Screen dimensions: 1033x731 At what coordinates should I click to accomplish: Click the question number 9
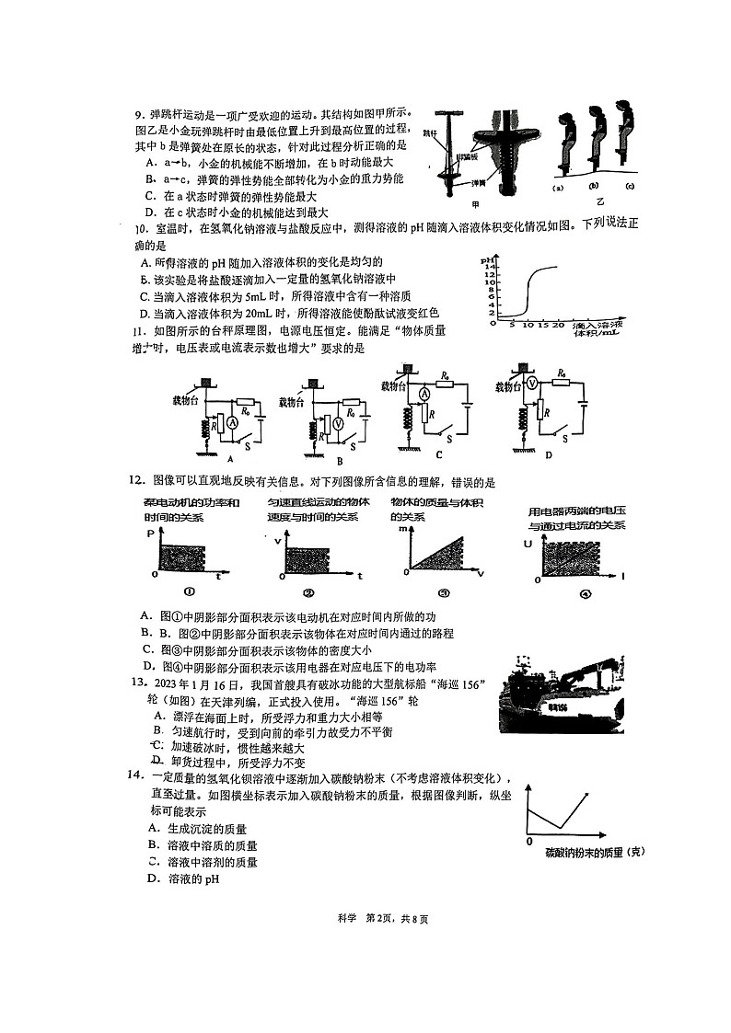click(138, 115)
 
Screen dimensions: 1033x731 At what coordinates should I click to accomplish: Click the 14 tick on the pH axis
click(490, 266)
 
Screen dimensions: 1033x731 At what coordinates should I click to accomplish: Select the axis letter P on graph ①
click(151, 534)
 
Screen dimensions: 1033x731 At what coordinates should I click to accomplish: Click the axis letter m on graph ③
click(401, 530)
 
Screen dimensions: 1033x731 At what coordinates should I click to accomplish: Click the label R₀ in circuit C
click(445, 375)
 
